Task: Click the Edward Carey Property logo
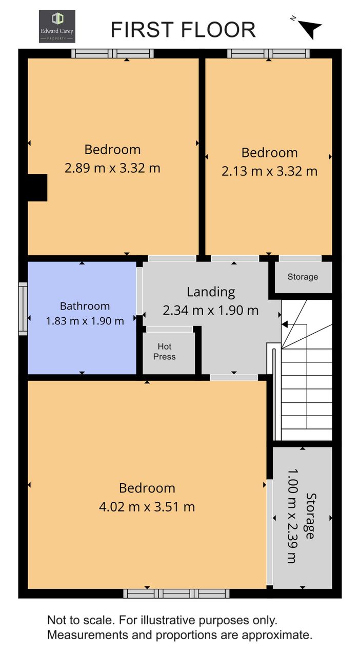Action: tap(57, 27)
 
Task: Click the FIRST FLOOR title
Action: tap(183, 30)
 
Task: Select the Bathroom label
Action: tap(85, 306)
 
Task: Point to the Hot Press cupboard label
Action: tap(165, 352)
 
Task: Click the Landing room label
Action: tap(211, 292)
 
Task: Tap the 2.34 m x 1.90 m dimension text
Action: tap(210, 311)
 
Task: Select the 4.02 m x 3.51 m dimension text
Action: tap(147, 507)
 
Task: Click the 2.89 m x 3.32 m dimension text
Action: tap(112, 169)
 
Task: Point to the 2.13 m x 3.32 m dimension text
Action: tap(269, 171)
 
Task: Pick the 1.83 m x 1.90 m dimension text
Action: tap(85, 321)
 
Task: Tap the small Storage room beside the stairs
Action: tap(303, 277)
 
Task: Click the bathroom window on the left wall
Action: tap(23, 309)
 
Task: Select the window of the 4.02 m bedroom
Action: tap(176, 593)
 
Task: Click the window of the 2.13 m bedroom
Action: tap(269, 54)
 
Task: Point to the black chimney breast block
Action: tap(37, 188)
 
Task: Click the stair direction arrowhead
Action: tap(285, 324)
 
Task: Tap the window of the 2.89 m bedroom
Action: tap(113, 54)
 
